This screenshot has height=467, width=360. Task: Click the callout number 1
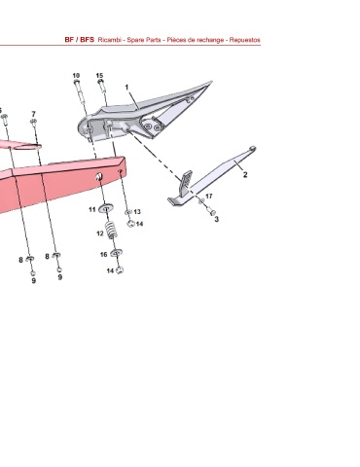click(126, 88)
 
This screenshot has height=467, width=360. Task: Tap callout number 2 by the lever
click(245, 175)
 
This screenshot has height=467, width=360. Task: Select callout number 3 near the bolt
click(217, 219)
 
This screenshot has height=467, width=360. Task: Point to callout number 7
click(33, 114)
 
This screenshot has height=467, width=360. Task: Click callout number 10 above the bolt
click(76, 76)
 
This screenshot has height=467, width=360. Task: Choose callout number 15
click(99, 76)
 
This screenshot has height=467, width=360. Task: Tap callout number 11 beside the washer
click(92, 210)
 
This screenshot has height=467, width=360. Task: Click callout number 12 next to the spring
click(100, 233)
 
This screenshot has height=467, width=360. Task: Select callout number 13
click(137, 212)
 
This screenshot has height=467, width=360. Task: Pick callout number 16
click(103, 255)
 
